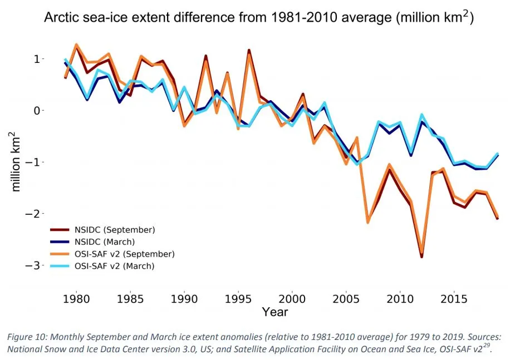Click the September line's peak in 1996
249,52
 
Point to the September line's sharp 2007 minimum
368,221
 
